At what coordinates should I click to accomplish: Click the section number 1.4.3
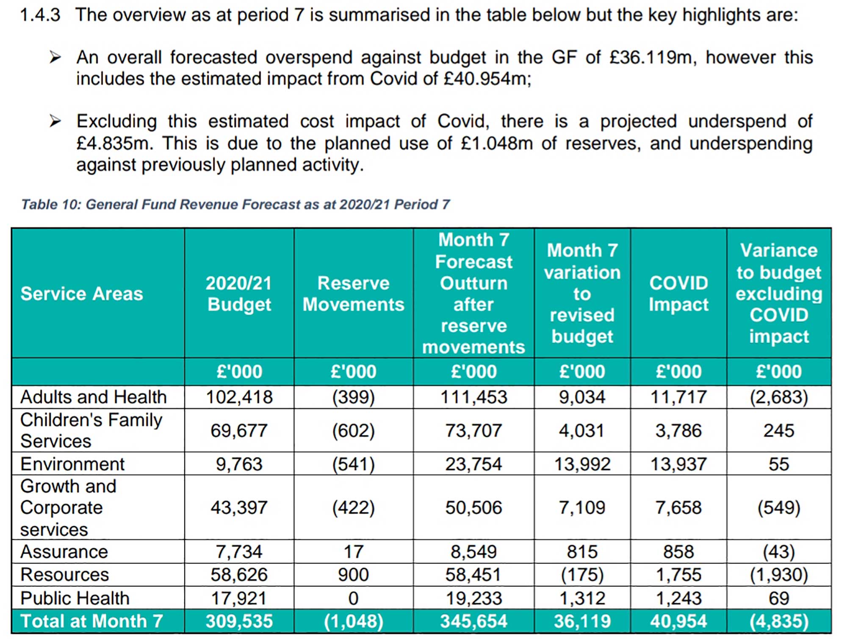pos(40,15)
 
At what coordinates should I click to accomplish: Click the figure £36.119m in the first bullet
pos(651,58)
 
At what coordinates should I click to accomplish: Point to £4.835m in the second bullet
pos(113,143)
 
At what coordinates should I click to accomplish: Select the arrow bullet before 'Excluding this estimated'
pos(55,121)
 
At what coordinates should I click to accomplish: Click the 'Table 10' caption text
pos(235,204)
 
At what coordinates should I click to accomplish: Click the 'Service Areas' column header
pos(82,294)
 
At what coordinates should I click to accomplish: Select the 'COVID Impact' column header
pos(678,294)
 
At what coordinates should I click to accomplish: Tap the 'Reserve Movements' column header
pos(353,294)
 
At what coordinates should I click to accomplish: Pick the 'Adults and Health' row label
pos(93,397)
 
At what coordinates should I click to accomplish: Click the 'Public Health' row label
pos(75,598)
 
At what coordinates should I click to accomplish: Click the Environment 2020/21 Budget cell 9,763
pos(239,464)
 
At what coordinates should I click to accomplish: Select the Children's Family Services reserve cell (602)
pos(353,431)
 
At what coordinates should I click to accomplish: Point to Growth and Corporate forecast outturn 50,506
pos(473,507)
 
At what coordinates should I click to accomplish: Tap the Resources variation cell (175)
pos(582,575)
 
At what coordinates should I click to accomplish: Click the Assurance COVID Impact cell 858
pos(678,552)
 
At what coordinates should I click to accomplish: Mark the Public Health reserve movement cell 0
pos(353,598)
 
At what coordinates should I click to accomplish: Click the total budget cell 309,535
pos(239,621)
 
